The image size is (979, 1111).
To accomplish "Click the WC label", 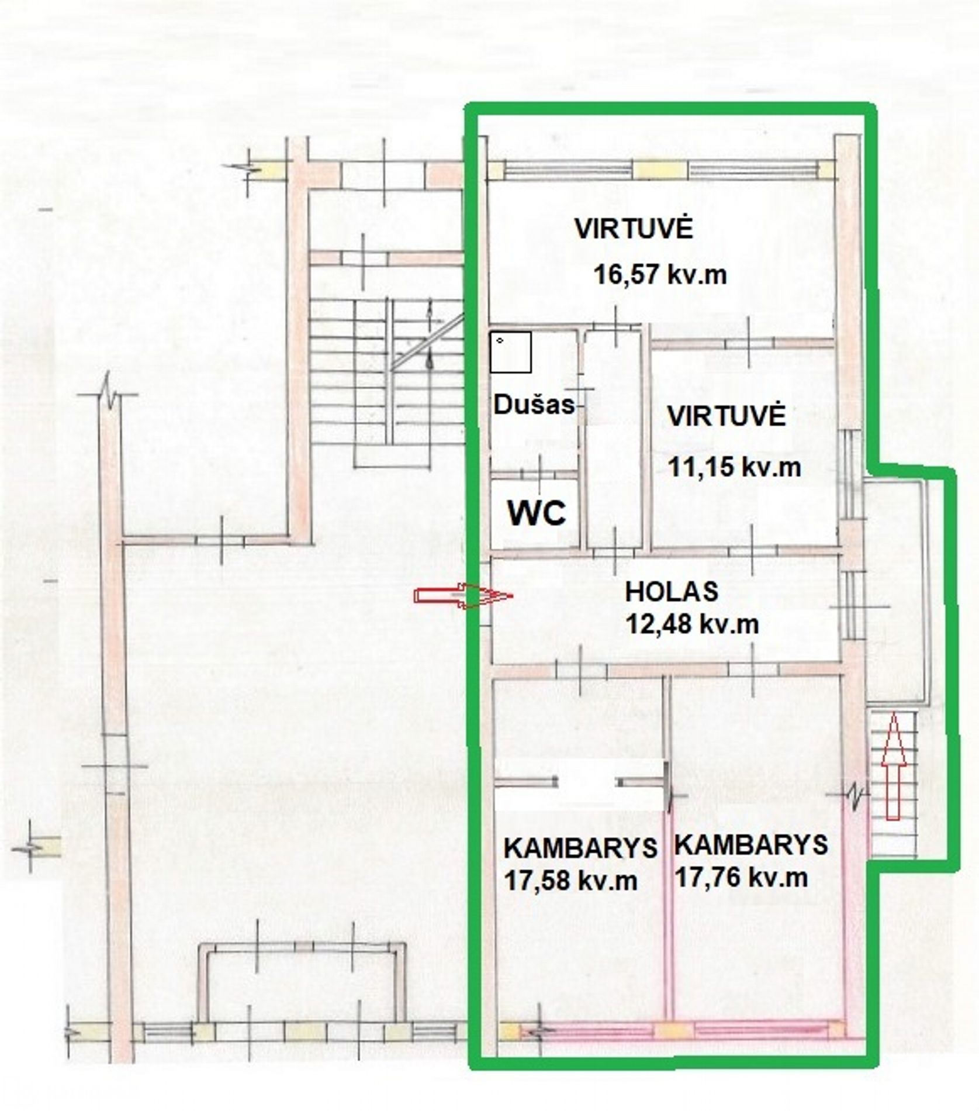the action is coord(537,513).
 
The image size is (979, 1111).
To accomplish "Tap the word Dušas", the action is coord(535,404).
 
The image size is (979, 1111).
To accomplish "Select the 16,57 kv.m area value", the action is coord(660,274).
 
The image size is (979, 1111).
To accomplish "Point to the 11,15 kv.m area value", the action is coord(735,467).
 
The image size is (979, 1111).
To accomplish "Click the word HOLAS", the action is coord(672,592).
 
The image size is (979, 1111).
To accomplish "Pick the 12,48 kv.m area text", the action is coord(693,624).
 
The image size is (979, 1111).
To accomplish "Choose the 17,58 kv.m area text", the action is coord(570,880).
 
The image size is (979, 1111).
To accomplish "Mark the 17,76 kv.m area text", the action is coord(742,877).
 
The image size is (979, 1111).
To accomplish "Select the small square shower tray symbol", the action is coord(511,352).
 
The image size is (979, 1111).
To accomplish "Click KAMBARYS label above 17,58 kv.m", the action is coord(580,848).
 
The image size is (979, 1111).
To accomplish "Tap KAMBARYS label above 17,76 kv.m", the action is coord(751,844).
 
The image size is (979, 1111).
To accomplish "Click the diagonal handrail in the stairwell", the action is coord(427,341).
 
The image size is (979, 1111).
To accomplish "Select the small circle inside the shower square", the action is coord(499,339).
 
